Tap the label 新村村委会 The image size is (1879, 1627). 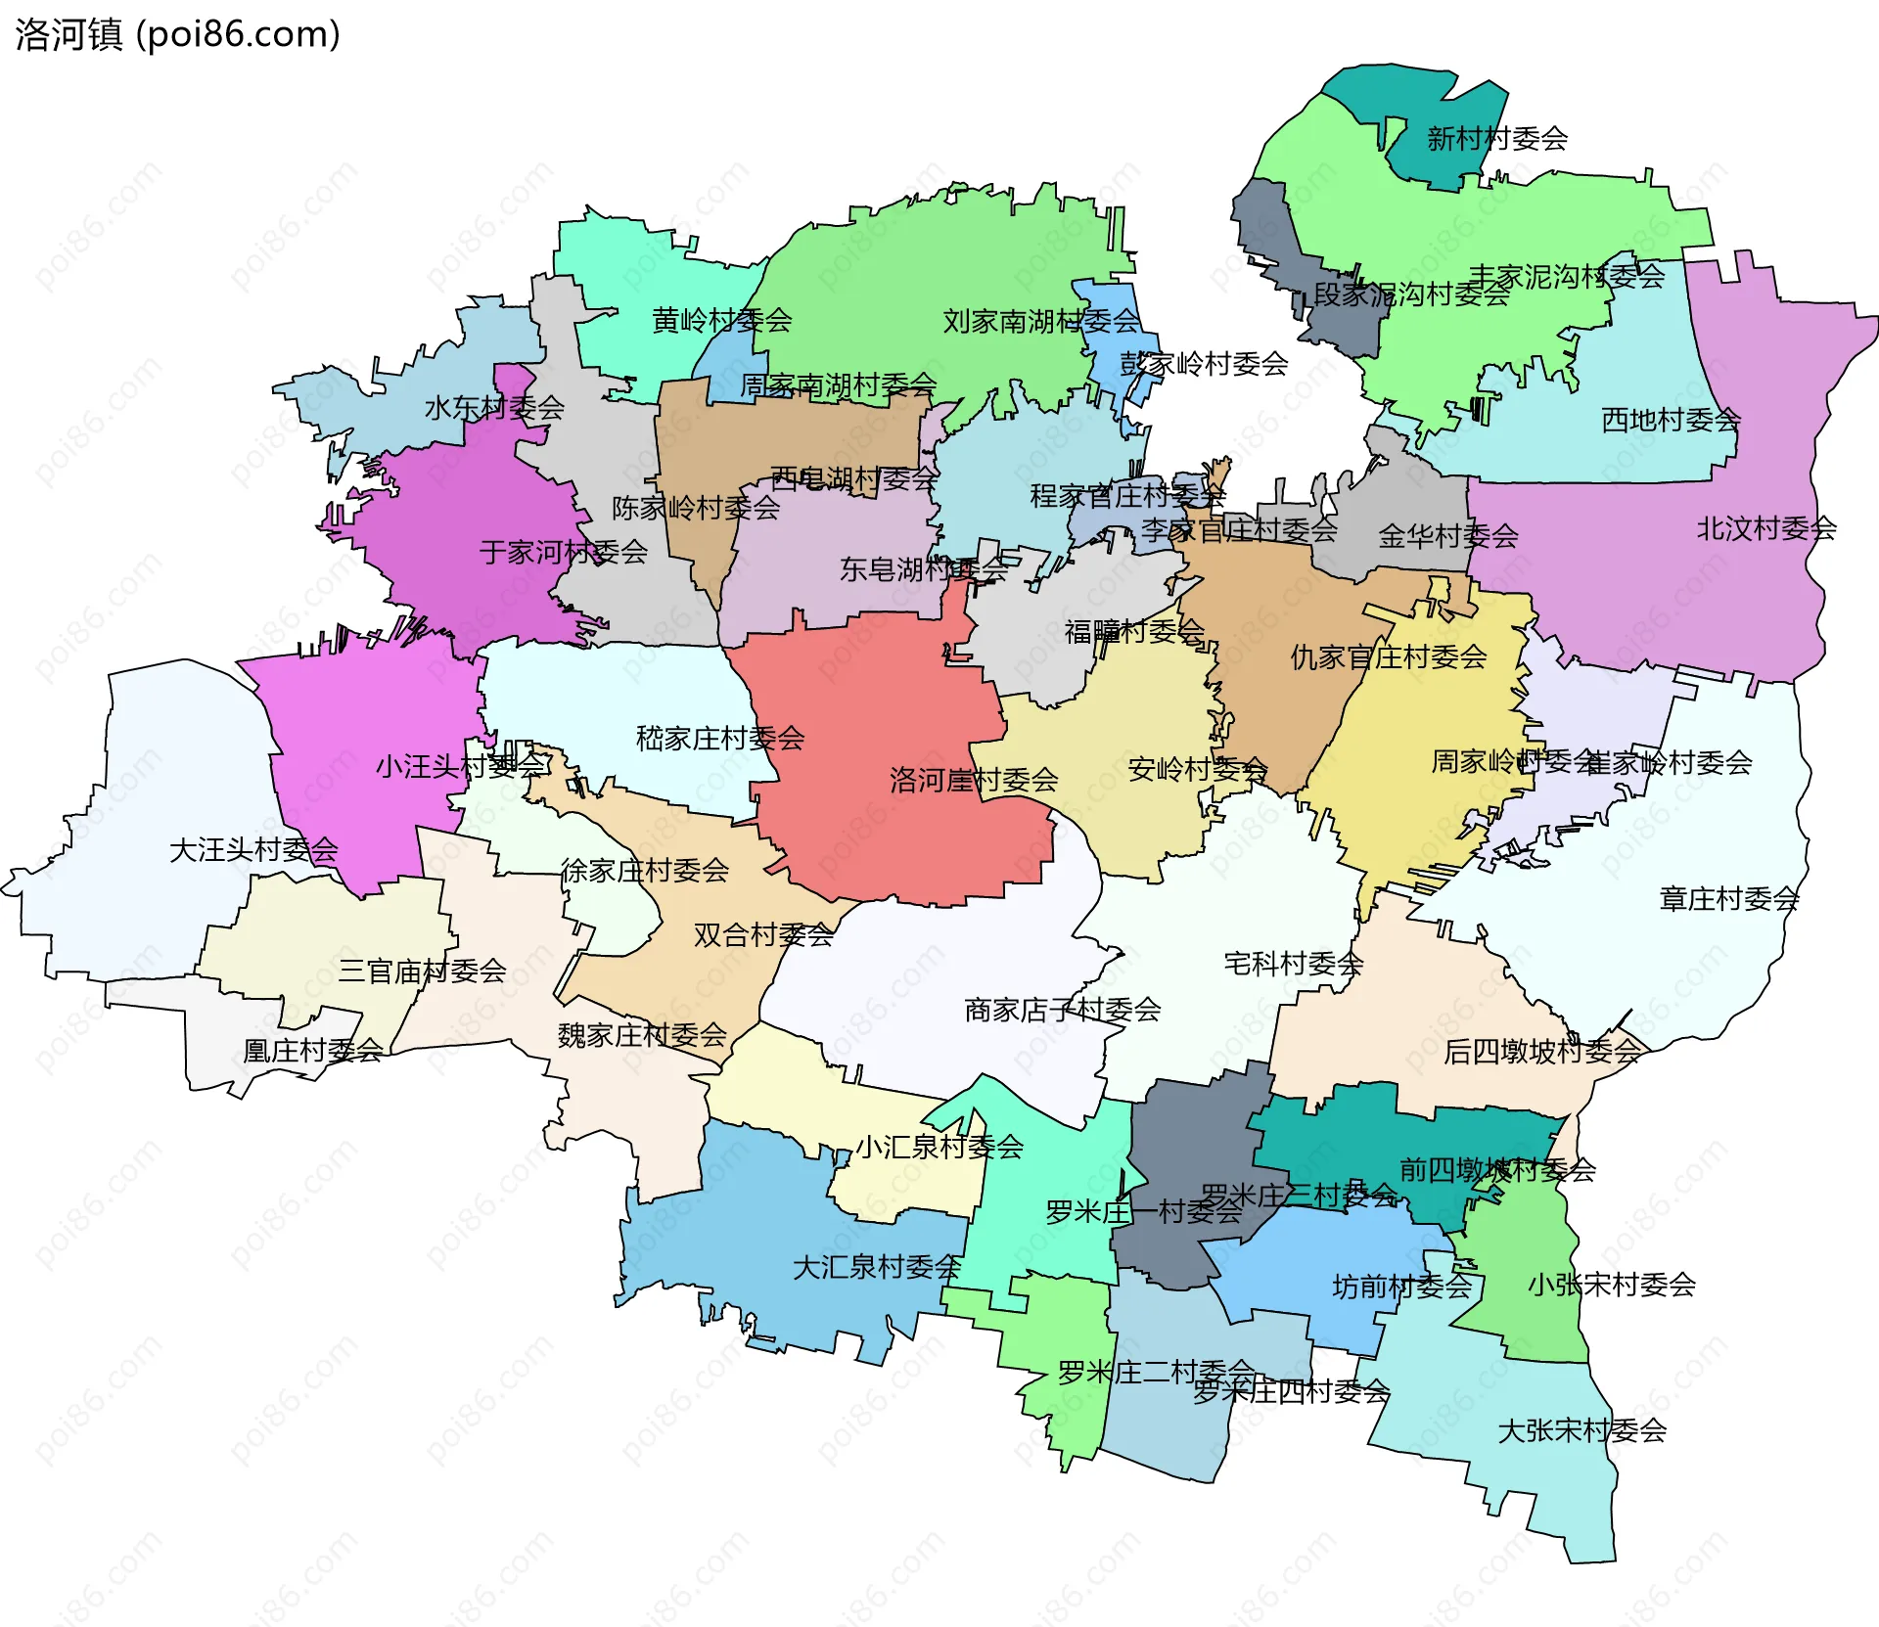click(1496, 138)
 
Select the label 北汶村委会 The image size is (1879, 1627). click(1765, 528)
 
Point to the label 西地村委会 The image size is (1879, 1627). click(1671, 420)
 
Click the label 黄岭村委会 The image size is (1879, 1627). click(721, 320)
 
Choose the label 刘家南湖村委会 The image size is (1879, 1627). click(1041, 320)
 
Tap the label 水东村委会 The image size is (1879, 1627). click(494, 407)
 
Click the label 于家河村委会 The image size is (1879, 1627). click(564, 552)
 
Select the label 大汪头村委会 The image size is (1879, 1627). click(253, 849)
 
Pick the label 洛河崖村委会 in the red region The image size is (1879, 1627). click(974, 780)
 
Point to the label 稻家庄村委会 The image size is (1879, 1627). click(720, 738)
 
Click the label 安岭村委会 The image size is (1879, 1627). click(1197, 769)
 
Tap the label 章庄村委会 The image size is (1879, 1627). click(1728, 898)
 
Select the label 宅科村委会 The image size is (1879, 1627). click(1293, 964)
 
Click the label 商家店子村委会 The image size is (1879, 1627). click(1063, 1009)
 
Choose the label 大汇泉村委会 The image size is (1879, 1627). click(876, 1267)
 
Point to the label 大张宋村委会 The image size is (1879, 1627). click(1581, 1430)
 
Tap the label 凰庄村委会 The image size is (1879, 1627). click(312, 1050)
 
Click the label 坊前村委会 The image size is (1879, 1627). click(1401, 1286)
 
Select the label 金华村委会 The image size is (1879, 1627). click(1447, 535)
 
